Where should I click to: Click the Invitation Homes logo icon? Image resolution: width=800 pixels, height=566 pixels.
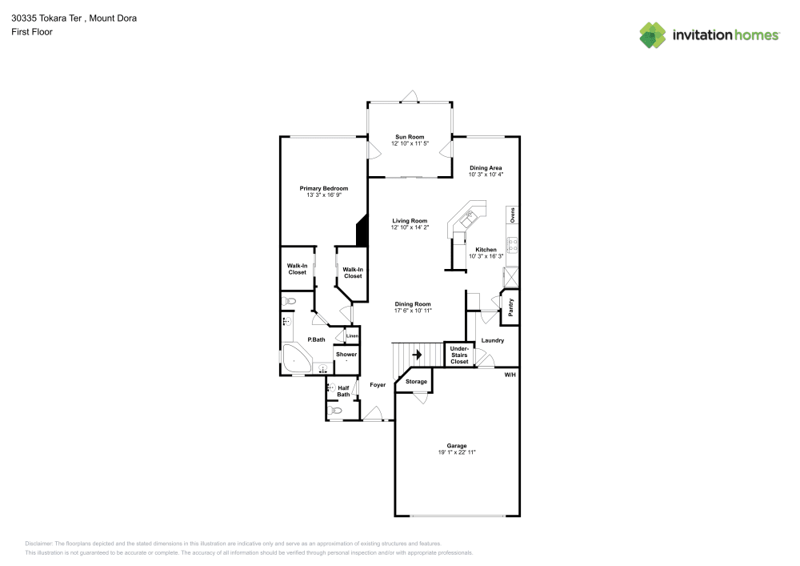[x=653, y=35]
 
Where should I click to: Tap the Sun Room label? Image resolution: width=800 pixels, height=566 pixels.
[x=410, y=137]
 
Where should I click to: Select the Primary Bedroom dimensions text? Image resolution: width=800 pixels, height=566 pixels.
[x=324, y=195]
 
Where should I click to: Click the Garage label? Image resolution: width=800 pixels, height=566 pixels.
[x=457, y=446]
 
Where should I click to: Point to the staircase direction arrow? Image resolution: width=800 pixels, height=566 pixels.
[x=416, y=354]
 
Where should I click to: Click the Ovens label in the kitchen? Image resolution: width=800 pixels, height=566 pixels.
[x=513, y=215]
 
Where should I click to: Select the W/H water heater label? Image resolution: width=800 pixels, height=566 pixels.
[x=510, y=375]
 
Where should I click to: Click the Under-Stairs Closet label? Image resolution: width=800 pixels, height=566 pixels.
[x=459, y=355]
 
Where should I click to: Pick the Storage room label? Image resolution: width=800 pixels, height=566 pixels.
[x=416, y=382]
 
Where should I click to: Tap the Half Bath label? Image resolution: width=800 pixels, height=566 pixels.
[x=343, y=391]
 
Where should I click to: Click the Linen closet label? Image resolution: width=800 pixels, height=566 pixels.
[x=352, y=336]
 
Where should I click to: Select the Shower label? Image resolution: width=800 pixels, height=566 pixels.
[x=346, y=354]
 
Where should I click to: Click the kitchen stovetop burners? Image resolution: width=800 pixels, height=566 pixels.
[x=512, y=246]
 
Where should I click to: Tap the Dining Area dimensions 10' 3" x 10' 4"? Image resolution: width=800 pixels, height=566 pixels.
[x=486, y=175]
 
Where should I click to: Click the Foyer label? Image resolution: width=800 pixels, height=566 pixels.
[x=378, y=385]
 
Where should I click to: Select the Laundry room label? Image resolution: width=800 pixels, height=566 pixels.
[x=493, y=340]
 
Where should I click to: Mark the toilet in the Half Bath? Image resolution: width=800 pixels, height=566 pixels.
[x=336, y=411]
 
